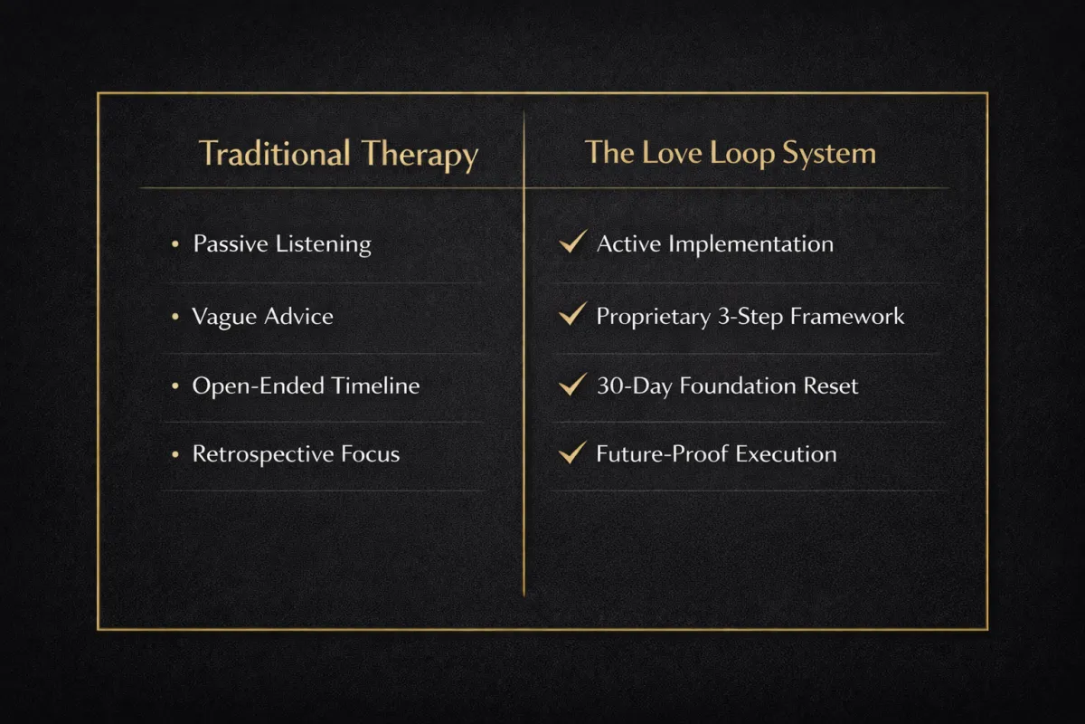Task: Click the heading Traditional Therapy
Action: (338, 154)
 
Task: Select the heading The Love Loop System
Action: (730, 152)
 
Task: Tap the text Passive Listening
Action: (281, 244)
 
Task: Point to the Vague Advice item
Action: (262, 317)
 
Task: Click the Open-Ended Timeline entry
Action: (306, 386)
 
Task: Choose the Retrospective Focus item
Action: (296, 454)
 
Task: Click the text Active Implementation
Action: (714, 244)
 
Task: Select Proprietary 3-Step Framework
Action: (750, 317)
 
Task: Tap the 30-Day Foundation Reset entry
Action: (727, 386)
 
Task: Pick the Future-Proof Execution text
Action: (716, 454)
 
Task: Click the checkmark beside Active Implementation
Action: (572, 243)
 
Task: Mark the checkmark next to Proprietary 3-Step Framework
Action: (572, 315)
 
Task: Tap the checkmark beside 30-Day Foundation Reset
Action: (572, 385)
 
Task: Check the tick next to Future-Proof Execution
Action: (572, 452)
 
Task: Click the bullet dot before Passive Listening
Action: (175, 244)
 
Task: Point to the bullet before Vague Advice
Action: (175, 317)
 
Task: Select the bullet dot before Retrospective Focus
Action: (175, 454)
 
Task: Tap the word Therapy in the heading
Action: (420, 155)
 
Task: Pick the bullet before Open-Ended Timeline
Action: (175, 386)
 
